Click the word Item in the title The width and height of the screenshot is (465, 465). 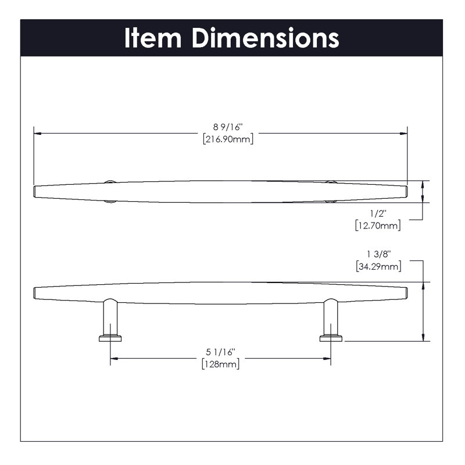153,38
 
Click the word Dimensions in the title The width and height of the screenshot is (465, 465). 266,38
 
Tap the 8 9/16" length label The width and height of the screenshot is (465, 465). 228,127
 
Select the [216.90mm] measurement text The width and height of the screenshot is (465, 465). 228,139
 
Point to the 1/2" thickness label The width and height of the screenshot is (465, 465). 378,213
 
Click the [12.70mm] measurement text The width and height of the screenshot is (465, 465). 378,226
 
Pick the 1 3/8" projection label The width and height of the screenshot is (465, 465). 379,254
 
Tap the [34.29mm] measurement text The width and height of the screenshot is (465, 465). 379,266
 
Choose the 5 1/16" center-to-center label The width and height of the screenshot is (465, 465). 221,352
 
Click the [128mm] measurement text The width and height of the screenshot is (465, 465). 221,364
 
